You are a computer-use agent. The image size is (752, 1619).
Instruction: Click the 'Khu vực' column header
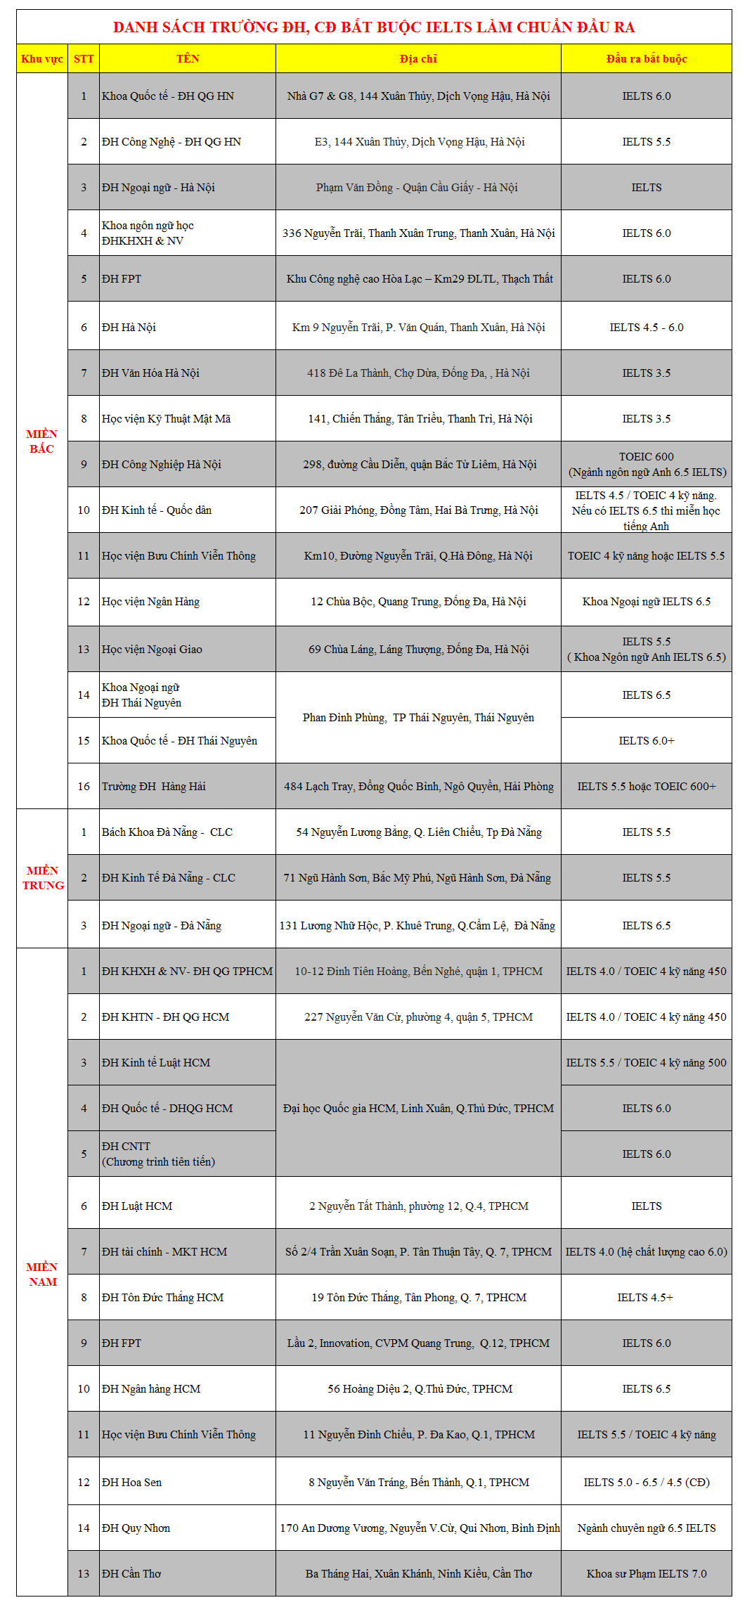click(42, 59)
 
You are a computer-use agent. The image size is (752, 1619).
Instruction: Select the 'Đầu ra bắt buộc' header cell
click(647, 59)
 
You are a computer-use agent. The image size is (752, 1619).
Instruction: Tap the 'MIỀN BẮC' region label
click(42, 441)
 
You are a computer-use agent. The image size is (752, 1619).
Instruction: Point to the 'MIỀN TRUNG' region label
click(43, 878)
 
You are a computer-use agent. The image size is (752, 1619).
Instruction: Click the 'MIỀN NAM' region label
click(42, 1275)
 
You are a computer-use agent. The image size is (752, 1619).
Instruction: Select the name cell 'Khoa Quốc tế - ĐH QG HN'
click(168, 96)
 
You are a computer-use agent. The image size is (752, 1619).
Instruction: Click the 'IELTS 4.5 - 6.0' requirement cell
click(647, 328)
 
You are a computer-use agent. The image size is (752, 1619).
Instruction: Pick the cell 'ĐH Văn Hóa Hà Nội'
click(150, 373)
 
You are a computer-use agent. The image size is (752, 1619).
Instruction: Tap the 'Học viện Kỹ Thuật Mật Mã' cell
click(166, 419)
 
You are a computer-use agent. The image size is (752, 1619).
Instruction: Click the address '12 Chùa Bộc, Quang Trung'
click(418, 602)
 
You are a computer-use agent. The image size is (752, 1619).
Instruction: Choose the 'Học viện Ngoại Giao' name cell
click(152, 650)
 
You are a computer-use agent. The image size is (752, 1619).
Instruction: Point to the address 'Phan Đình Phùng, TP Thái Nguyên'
click(418, 718)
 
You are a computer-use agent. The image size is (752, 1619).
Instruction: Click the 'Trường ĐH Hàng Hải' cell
click(154, 787)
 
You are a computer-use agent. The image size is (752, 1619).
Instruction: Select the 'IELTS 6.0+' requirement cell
click(647, 741)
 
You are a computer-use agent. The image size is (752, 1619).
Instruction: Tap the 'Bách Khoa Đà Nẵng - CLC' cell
click(167, 832)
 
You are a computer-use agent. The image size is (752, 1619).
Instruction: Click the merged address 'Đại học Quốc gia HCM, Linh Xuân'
click(418, 1109)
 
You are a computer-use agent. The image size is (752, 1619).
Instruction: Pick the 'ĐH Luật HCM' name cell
click(137, 1206)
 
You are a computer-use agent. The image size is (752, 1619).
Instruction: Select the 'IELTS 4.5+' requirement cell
click(645, 1298)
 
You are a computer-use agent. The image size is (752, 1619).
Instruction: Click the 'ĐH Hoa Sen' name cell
click(131, 1483)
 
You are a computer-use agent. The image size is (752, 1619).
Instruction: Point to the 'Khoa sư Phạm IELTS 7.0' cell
click(647, 1574)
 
